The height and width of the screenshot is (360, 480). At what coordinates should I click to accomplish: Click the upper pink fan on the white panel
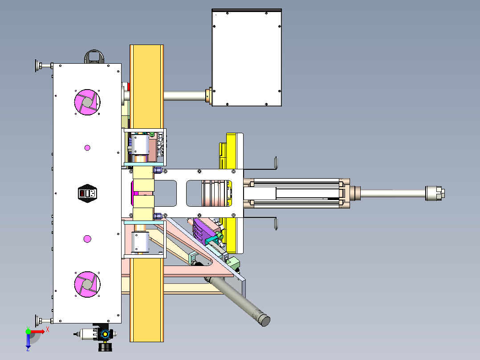coord(87,102)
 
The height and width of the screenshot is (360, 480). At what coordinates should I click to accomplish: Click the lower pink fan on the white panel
coord(87,284)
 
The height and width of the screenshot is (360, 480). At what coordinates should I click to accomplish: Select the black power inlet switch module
coord(88,193)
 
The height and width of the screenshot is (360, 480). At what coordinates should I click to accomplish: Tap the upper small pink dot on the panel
coord(87,148)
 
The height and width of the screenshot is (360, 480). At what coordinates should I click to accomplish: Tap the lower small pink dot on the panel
coord(87,239)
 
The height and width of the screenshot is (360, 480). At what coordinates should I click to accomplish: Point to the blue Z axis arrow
coord(28,341)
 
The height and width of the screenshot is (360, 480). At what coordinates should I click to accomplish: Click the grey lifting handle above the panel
coord(94,57)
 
